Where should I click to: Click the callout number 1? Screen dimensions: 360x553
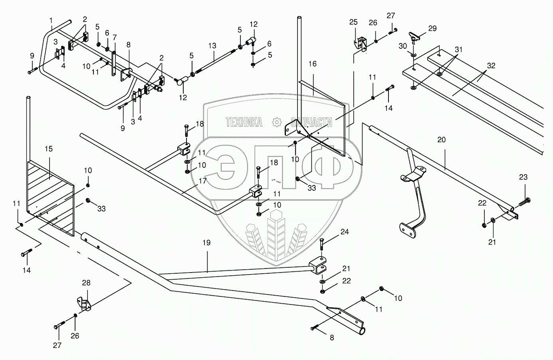[51, 20]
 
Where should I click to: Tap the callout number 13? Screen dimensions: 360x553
[212, 46]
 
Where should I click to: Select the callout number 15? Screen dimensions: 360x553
[48, 149]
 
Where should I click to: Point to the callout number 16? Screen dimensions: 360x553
[312, 64]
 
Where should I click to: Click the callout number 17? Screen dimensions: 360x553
[202, 181]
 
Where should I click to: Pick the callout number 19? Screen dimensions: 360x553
[206, 243]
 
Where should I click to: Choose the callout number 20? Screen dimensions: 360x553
[441, 140]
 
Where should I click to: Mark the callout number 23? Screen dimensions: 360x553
[523, 177]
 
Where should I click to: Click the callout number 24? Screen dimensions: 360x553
[344, 231]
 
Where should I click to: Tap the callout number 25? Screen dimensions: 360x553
[353, 22]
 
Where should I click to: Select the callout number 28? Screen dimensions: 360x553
[86, 283]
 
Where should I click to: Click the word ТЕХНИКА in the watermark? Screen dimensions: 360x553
[244, 122]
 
